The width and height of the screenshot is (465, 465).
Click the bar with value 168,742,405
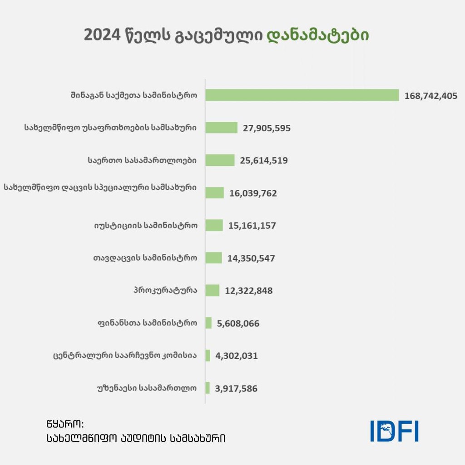tap(302, 95)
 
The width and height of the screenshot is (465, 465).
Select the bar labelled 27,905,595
tap(222, 128)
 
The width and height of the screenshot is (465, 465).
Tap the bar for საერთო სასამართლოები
tap(220, 160)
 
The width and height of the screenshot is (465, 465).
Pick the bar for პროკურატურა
tap(213, 291)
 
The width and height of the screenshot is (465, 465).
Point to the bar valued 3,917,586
tap(208, 388)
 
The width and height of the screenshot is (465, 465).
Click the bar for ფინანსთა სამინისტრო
tap(209, 323)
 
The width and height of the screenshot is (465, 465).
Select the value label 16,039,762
tap(253, 193)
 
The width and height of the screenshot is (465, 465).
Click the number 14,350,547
tap(251, 258)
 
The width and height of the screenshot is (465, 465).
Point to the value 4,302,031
tap(237, 356)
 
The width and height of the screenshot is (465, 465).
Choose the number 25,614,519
tap(264, 160)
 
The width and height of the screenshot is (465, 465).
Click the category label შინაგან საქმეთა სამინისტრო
tap(134, 95)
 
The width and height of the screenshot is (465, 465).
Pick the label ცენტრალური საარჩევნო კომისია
tap(125, 356)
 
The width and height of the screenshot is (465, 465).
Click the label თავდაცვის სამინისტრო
tap(145, 258)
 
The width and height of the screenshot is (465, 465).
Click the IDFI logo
tap(394, 431)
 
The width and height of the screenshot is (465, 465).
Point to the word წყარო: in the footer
tap(64, 424)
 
